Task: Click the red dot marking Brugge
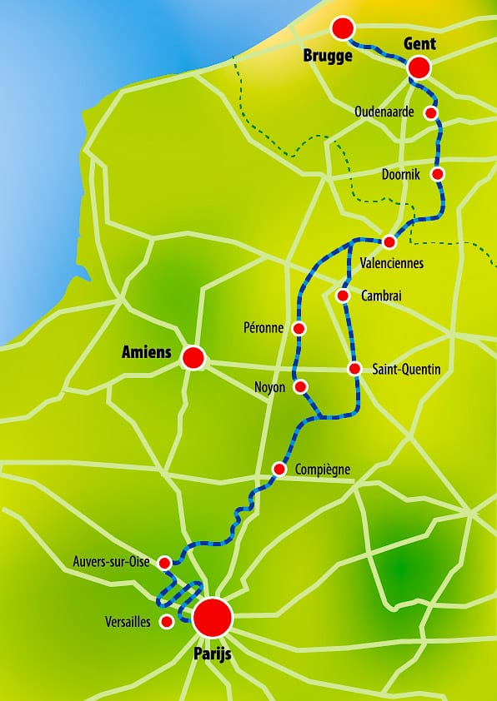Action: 342,29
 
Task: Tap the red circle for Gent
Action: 419,67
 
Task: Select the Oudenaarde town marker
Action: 431,112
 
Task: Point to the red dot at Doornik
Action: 437,174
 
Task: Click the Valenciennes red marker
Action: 389,241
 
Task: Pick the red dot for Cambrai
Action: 342,296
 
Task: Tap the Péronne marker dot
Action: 299,328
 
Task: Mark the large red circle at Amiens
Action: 193,358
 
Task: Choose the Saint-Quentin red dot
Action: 354,369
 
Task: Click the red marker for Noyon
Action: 301,386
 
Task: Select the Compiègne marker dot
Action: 279,470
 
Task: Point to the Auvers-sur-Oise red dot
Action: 164,563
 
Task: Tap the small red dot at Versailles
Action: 167,621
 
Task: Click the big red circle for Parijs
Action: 212,618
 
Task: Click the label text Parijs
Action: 212,654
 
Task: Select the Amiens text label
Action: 147,353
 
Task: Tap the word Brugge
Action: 330,57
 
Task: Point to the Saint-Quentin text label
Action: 407,369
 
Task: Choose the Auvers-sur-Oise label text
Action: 112,562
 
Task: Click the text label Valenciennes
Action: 391,263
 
